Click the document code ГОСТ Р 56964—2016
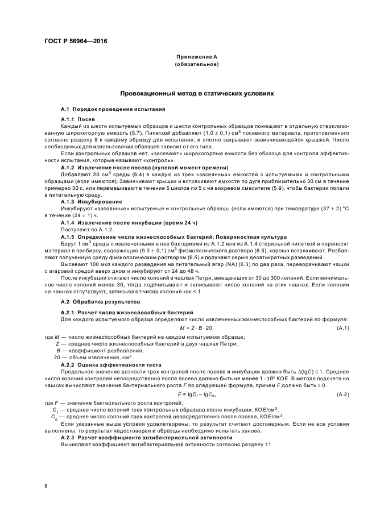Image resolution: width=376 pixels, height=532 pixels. (x=76, y=42)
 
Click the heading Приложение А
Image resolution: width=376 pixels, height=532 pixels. (x=196, y=57)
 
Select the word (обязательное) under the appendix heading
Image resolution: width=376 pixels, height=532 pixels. (x=196, y=65)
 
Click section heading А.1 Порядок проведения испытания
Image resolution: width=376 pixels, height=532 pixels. (x=113, y=108)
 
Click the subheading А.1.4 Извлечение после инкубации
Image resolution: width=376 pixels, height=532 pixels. (x=129, y=222)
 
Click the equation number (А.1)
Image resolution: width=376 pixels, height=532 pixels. (x=343, y=328)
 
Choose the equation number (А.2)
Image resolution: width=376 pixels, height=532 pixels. (x=343, y=394)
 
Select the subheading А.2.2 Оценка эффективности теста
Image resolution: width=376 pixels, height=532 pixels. (x=118, y=365)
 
